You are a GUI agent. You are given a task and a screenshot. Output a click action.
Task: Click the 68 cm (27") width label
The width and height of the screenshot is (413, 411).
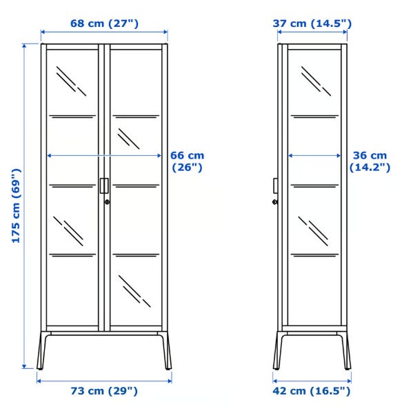coord(104,23)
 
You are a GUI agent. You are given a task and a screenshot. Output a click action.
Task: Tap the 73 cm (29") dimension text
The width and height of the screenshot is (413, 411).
coord(104,391)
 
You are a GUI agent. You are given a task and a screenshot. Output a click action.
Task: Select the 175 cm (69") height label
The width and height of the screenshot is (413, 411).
coord(16,205)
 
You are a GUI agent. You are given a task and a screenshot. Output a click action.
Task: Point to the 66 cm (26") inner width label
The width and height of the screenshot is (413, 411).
coord(188,161)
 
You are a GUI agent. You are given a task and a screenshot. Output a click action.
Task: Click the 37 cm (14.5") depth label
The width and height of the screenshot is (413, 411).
coord(312,23)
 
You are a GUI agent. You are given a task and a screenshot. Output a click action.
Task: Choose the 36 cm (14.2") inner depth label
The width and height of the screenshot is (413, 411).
coord(370,161)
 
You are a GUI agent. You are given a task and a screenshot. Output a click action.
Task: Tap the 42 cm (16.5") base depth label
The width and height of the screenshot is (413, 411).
coord(312,391)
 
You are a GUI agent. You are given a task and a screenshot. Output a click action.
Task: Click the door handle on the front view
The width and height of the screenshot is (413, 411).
coord(104,186)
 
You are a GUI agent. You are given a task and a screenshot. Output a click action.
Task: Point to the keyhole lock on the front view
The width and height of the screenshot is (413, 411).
coord(107,202)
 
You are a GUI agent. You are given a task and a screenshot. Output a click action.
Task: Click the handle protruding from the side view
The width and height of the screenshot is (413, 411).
coord(275,186)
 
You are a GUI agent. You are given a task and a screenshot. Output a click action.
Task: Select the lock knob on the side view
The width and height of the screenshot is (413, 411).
coord(274,202)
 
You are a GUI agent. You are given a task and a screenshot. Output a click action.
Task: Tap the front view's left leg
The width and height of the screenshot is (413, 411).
coord(42,350)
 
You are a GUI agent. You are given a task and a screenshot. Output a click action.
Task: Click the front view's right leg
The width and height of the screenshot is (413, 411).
coord(166,350)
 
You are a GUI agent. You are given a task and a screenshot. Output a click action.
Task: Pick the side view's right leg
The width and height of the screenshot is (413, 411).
coord(345,350)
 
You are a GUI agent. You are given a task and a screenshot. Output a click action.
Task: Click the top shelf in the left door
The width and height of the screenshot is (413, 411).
coord(72,116)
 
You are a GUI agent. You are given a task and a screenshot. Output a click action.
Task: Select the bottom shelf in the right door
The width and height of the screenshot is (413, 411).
coord(136,255)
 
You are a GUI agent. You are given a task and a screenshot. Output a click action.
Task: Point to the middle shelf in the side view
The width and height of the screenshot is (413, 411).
coord(315,186)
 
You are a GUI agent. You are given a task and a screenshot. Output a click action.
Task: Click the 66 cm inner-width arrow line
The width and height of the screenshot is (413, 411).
coord(104,156)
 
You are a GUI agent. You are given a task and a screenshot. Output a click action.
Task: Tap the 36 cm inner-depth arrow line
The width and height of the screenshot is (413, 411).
coord(314,156)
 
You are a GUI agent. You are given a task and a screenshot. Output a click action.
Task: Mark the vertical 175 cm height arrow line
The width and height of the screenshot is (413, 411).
coord(24,206)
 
